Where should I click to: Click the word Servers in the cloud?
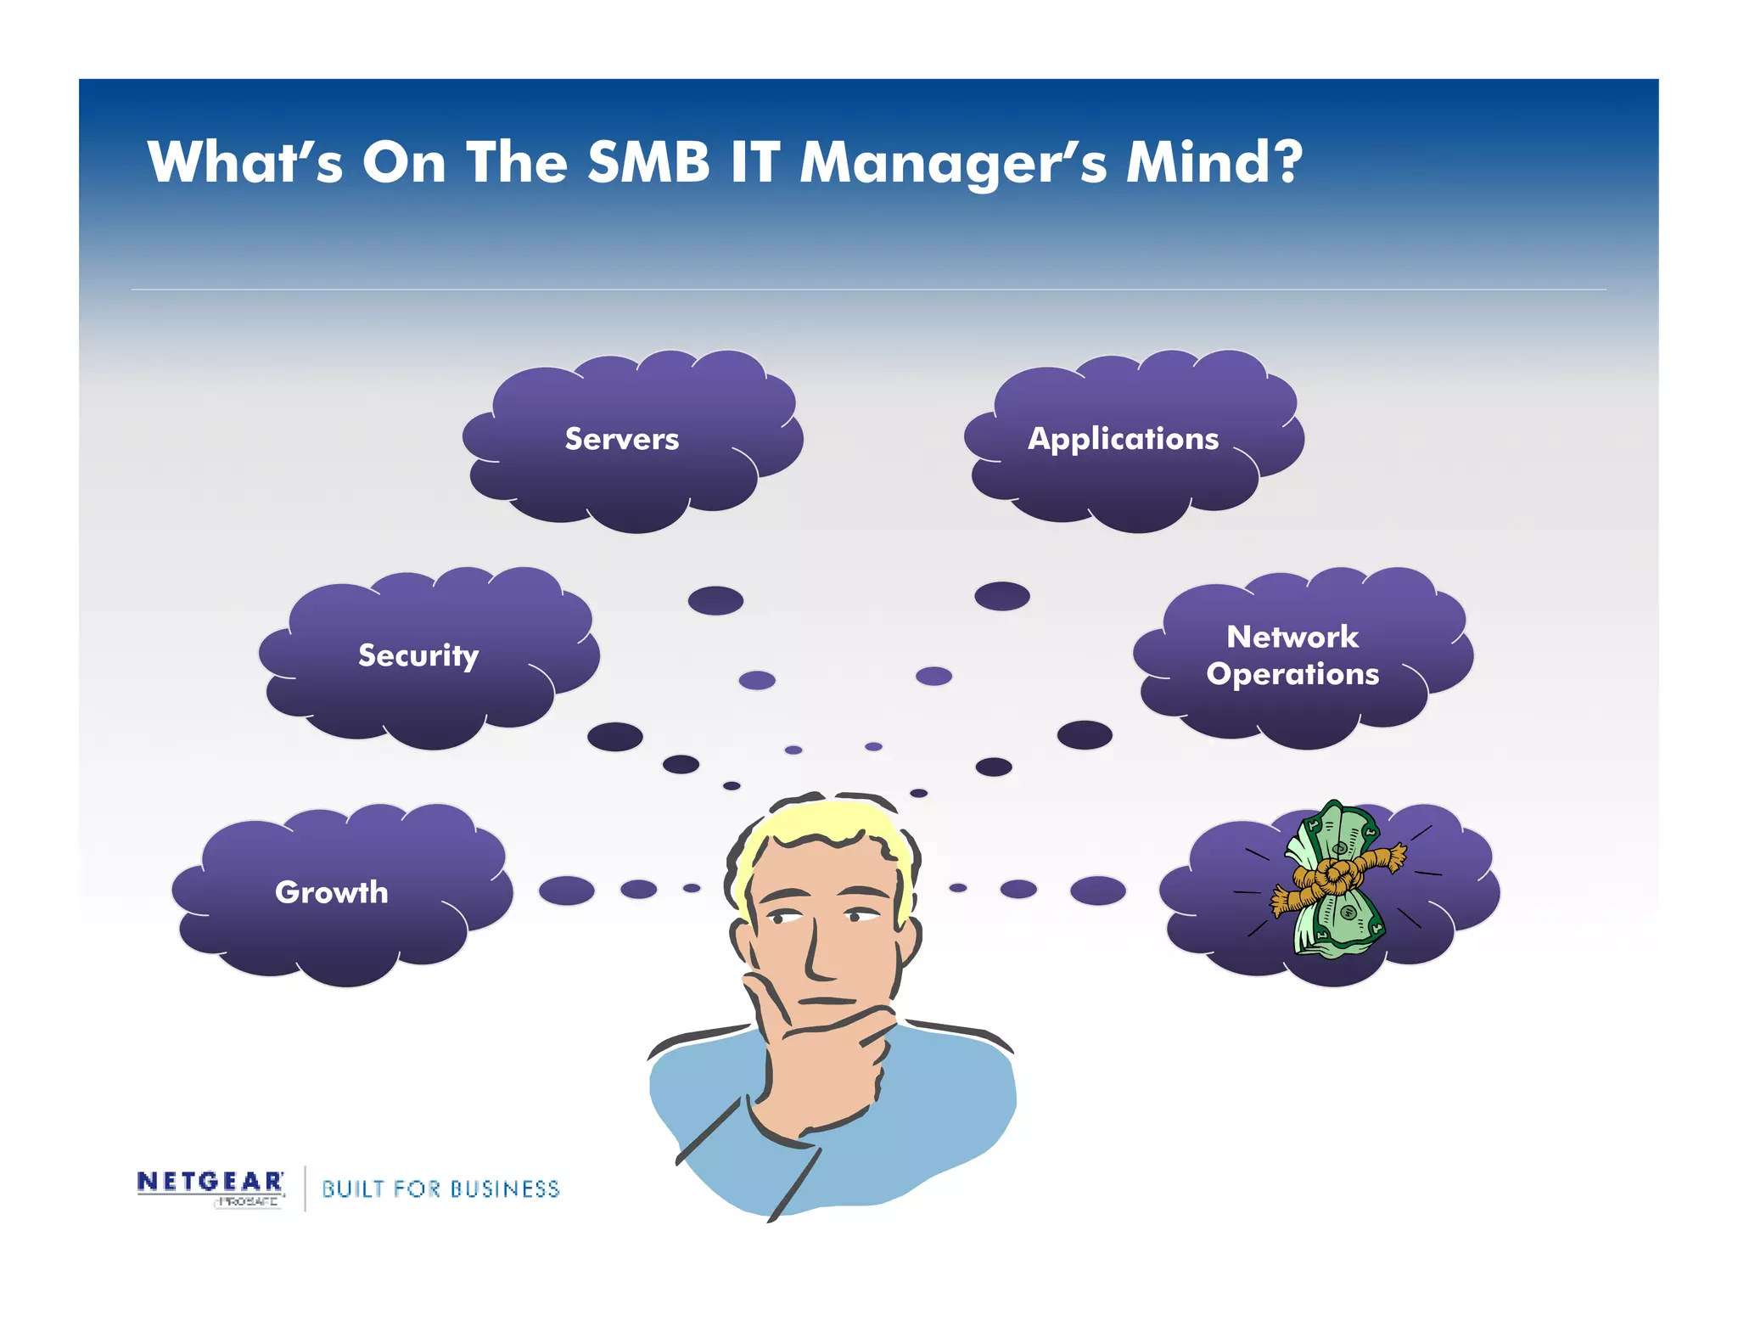[x=622, y=439]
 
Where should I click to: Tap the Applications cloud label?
[x=1123, y=439]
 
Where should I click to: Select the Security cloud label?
[x=418, y=655]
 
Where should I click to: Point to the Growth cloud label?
[x=332, y=892]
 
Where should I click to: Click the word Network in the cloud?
[x=1292, y=637]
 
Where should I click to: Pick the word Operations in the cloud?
[x=1292, y=674]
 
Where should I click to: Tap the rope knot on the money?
[x=1331, y=874]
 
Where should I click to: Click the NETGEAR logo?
[x=210, y=1182]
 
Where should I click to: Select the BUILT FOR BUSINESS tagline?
[x=440, y=1188]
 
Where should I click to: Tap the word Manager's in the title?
[x=953, y=163]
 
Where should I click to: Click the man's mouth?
[x=827, y=1002]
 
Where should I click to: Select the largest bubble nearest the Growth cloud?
[x=566, y=891]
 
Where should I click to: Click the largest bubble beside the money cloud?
[x=1097, y=891]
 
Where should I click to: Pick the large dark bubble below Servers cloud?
[x=715, y=600]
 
